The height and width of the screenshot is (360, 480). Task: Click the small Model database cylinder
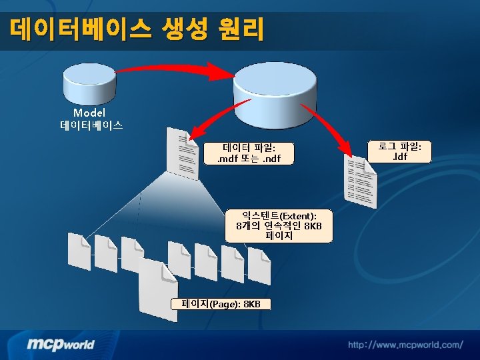(89, 83)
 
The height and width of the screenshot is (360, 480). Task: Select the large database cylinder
(275, 95)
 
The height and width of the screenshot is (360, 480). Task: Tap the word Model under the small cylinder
(89, 113)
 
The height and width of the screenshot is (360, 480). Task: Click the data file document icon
(182, 154)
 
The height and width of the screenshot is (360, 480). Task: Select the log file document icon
(360, 181)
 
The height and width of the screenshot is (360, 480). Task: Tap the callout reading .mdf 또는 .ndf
(249, 153)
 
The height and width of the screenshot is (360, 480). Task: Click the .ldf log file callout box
(399, 151)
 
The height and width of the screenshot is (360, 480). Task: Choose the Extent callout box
(279, 226)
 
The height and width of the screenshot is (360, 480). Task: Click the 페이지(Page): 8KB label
(221, 304)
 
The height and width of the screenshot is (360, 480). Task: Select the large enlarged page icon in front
(158, 289)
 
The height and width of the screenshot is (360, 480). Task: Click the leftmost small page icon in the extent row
(79, 251)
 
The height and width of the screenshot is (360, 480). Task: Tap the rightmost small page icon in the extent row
(259, 266)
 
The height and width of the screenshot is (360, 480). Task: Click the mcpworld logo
(61, 344)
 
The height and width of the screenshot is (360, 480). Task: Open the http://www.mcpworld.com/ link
(405, 345)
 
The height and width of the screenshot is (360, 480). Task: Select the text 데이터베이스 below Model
(91, 125)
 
